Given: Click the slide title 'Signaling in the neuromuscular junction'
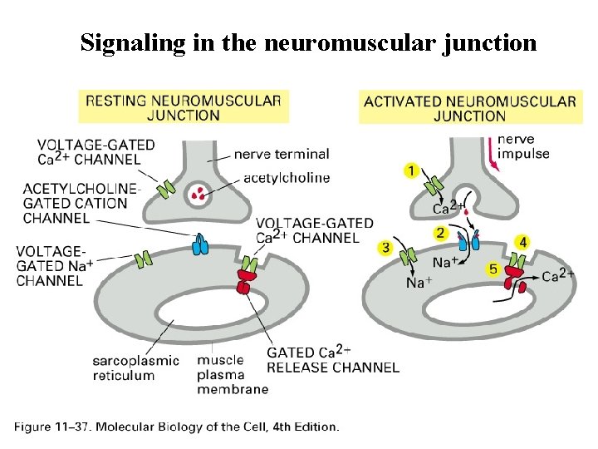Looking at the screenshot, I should click(308, 42).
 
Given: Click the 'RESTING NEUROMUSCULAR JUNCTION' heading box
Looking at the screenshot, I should click(184, 107).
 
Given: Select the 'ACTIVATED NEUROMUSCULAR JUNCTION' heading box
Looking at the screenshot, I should click(469, 108).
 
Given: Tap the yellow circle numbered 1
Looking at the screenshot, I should click(410, 171).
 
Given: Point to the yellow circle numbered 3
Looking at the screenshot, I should click(385, 248).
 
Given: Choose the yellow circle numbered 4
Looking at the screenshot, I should click(522, 242).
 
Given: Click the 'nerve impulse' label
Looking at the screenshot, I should click(524, 146).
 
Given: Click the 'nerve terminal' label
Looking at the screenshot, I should click(281, 154).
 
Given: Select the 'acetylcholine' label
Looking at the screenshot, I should click(287, 177).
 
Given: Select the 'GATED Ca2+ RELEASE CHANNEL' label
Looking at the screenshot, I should click(332, 360).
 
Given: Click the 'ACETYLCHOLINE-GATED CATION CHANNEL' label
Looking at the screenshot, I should click(76, 203).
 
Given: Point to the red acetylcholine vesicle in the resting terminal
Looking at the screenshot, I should click(199, 195).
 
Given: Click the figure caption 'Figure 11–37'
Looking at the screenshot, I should click(176, 427).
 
